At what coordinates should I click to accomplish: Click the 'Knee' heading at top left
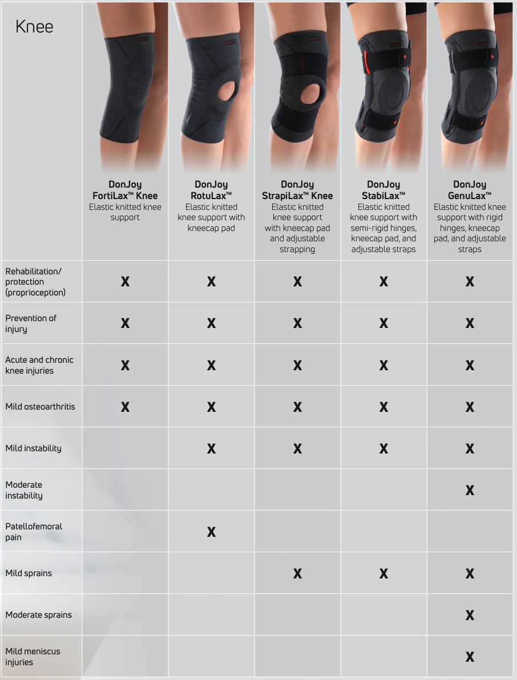[x=34, y=27]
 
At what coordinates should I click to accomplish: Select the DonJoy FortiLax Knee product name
[x=125, y=190]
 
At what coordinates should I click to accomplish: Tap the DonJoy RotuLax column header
[x=211, y=190]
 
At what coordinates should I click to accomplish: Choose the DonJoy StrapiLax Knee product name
[x=297, y=190]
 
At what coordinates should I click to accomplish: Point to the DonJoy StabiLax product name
[x=383, y=190]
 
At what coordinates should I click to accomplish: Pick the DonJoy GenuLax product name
[x=470, y=190]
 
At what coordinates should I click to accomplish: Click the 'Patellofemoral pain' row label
[x=34, y=532]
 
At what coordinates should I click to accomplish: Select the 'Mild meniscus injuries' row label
[x=33, y=657]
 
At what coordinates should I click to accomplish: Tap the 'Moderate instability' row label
[x=24, y=490]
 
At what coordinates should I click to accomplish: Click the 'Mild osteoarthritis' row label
[x=40, y=407]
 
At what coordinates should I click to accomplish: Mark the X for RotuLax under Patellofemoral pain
[x=211, y=532]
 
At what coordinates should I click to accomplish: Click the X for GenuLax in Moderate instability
[x=470, y=491]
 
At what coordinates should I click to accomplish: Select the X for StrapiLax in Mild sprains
[x=297, y=574]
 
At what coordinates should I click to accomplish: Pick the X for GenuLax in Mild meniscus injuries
[x=470, y=657]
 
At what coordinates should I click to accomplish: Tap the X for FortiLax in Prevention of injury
[x=125, y=323]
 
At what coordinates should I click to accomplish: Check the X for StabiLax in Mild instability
[x=383, y=449]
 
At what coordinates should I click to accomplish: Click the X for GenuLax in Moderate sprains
[x=470, y=616]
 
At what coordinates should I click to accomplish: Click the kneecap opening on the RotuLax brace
[x=216, y=91]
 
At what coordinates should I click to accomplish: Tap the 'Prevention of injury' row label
[x=31, y=323]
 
